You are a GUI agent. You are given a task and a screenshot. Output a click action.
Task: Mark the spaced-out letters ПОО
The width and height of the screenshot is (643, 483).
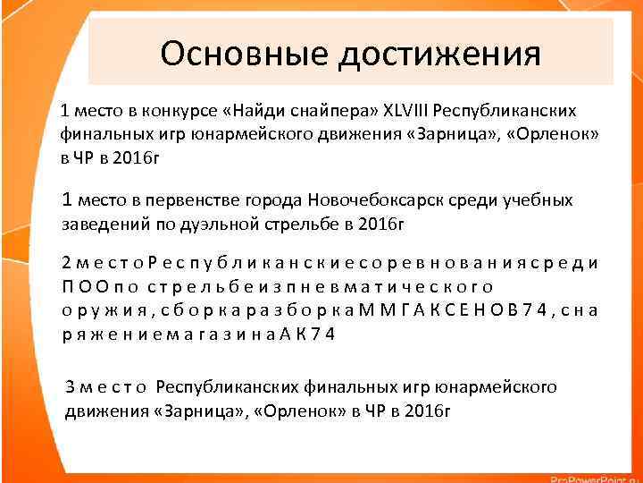point(79,286)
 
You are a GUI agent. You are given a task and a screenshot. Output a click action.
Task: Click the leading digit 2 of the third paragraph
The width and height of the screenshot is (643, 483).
point(67,263)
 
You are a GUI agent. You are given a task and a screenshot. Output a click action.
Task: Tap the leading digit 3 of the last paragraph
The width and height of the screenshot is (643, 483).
point(71,387)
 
